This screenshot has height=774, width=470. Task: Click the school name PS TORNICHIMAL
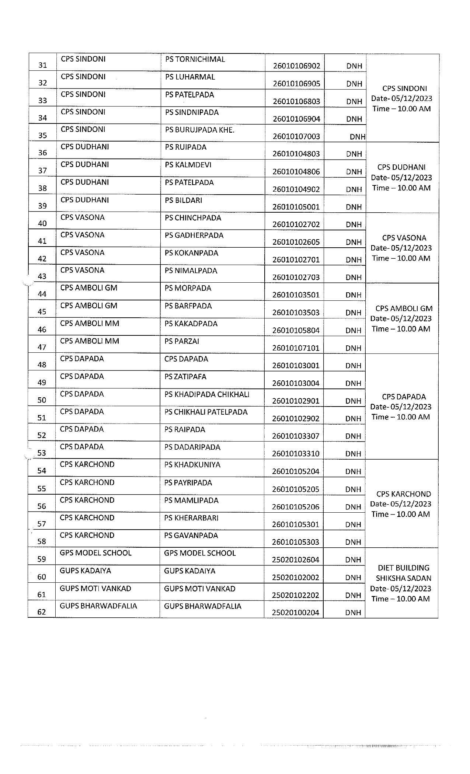[195, 59]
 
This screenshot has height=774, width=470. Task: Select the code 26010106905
[296, 84]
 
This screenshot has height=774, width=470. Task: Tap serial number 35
[43, 135]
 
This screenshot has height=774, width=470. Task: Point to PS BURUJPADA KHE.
[199, 130]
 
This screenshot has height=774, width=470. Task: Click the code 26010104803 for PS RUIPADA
[296, 154]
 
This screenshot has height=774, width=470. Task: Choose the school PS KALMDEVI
[188, 165]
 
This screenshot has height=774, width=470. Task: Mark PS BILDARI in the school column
[183, 200]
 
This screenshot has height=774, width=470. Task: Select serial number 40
[42, 223]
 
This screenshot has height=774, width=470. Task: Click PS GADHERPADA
[194, 235]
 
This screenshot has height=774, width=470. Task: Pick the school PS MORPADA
[188, 288]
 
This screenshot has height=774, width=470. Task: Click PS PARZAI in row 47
[182, 341]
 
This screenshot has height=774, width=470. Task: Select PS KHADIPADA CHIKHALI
[207, 394]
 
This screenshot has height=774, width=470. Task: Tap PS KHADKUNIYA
[192, 465]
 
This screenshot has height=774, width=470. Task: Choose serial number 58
[42, 541]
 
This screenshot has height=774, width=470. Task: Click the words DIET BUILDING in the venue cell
[403, 568]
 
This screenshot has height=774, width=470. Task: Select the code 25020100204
[295, 613]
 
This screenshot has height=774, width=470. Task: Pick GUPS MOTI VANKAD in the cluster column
[95, 589]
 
